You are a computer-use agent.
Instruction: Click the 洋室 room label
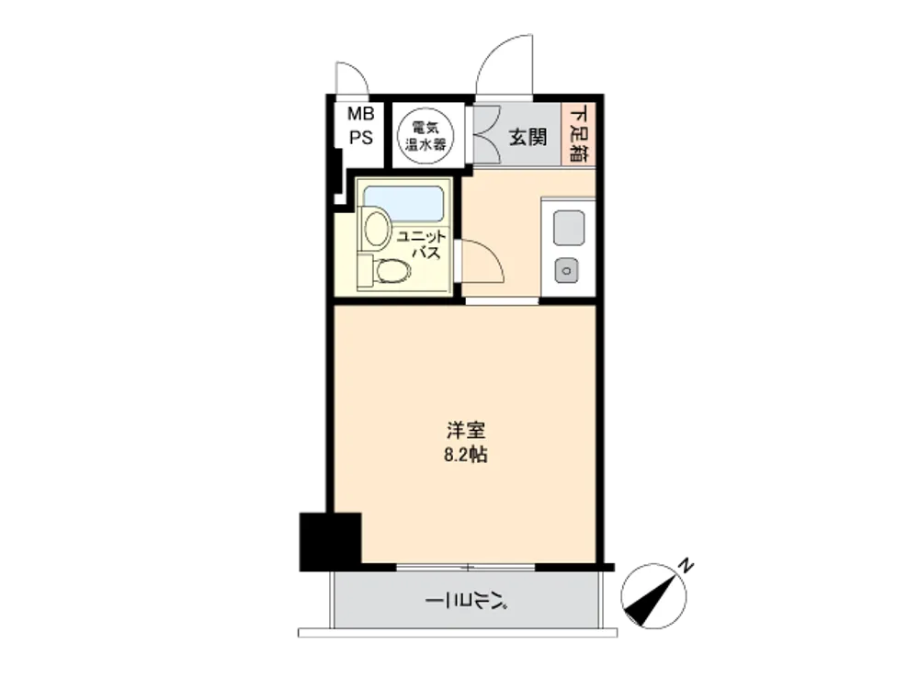point(466,431)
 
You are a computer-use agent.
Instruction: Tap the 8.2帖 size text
point(465,455)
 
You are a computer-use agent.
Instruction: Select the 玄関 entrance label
point(528,137)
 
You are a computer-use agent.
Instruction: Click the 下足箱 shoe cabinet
point(578,133)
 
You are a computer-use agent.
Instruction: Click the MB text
point(361,113)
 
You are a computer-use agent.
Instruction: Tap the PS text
point(361,138)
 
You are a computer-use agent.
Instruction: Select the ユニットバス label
point(422,244)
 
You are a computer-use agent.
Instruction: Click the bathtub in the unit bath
point(403,203)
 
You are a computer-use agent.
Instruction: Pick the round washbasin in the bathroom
point(376,227)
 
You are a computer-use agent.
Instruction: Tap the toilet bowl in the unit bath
point(392,271)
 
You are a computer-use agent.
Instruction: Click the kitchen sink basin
point(569,228)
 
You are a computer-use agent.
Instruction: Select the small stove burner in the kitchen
point(567,271)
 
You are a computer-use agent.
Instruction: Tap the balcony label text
point(466,601)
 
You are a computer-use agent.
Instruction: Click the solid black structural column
point(330,541)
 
